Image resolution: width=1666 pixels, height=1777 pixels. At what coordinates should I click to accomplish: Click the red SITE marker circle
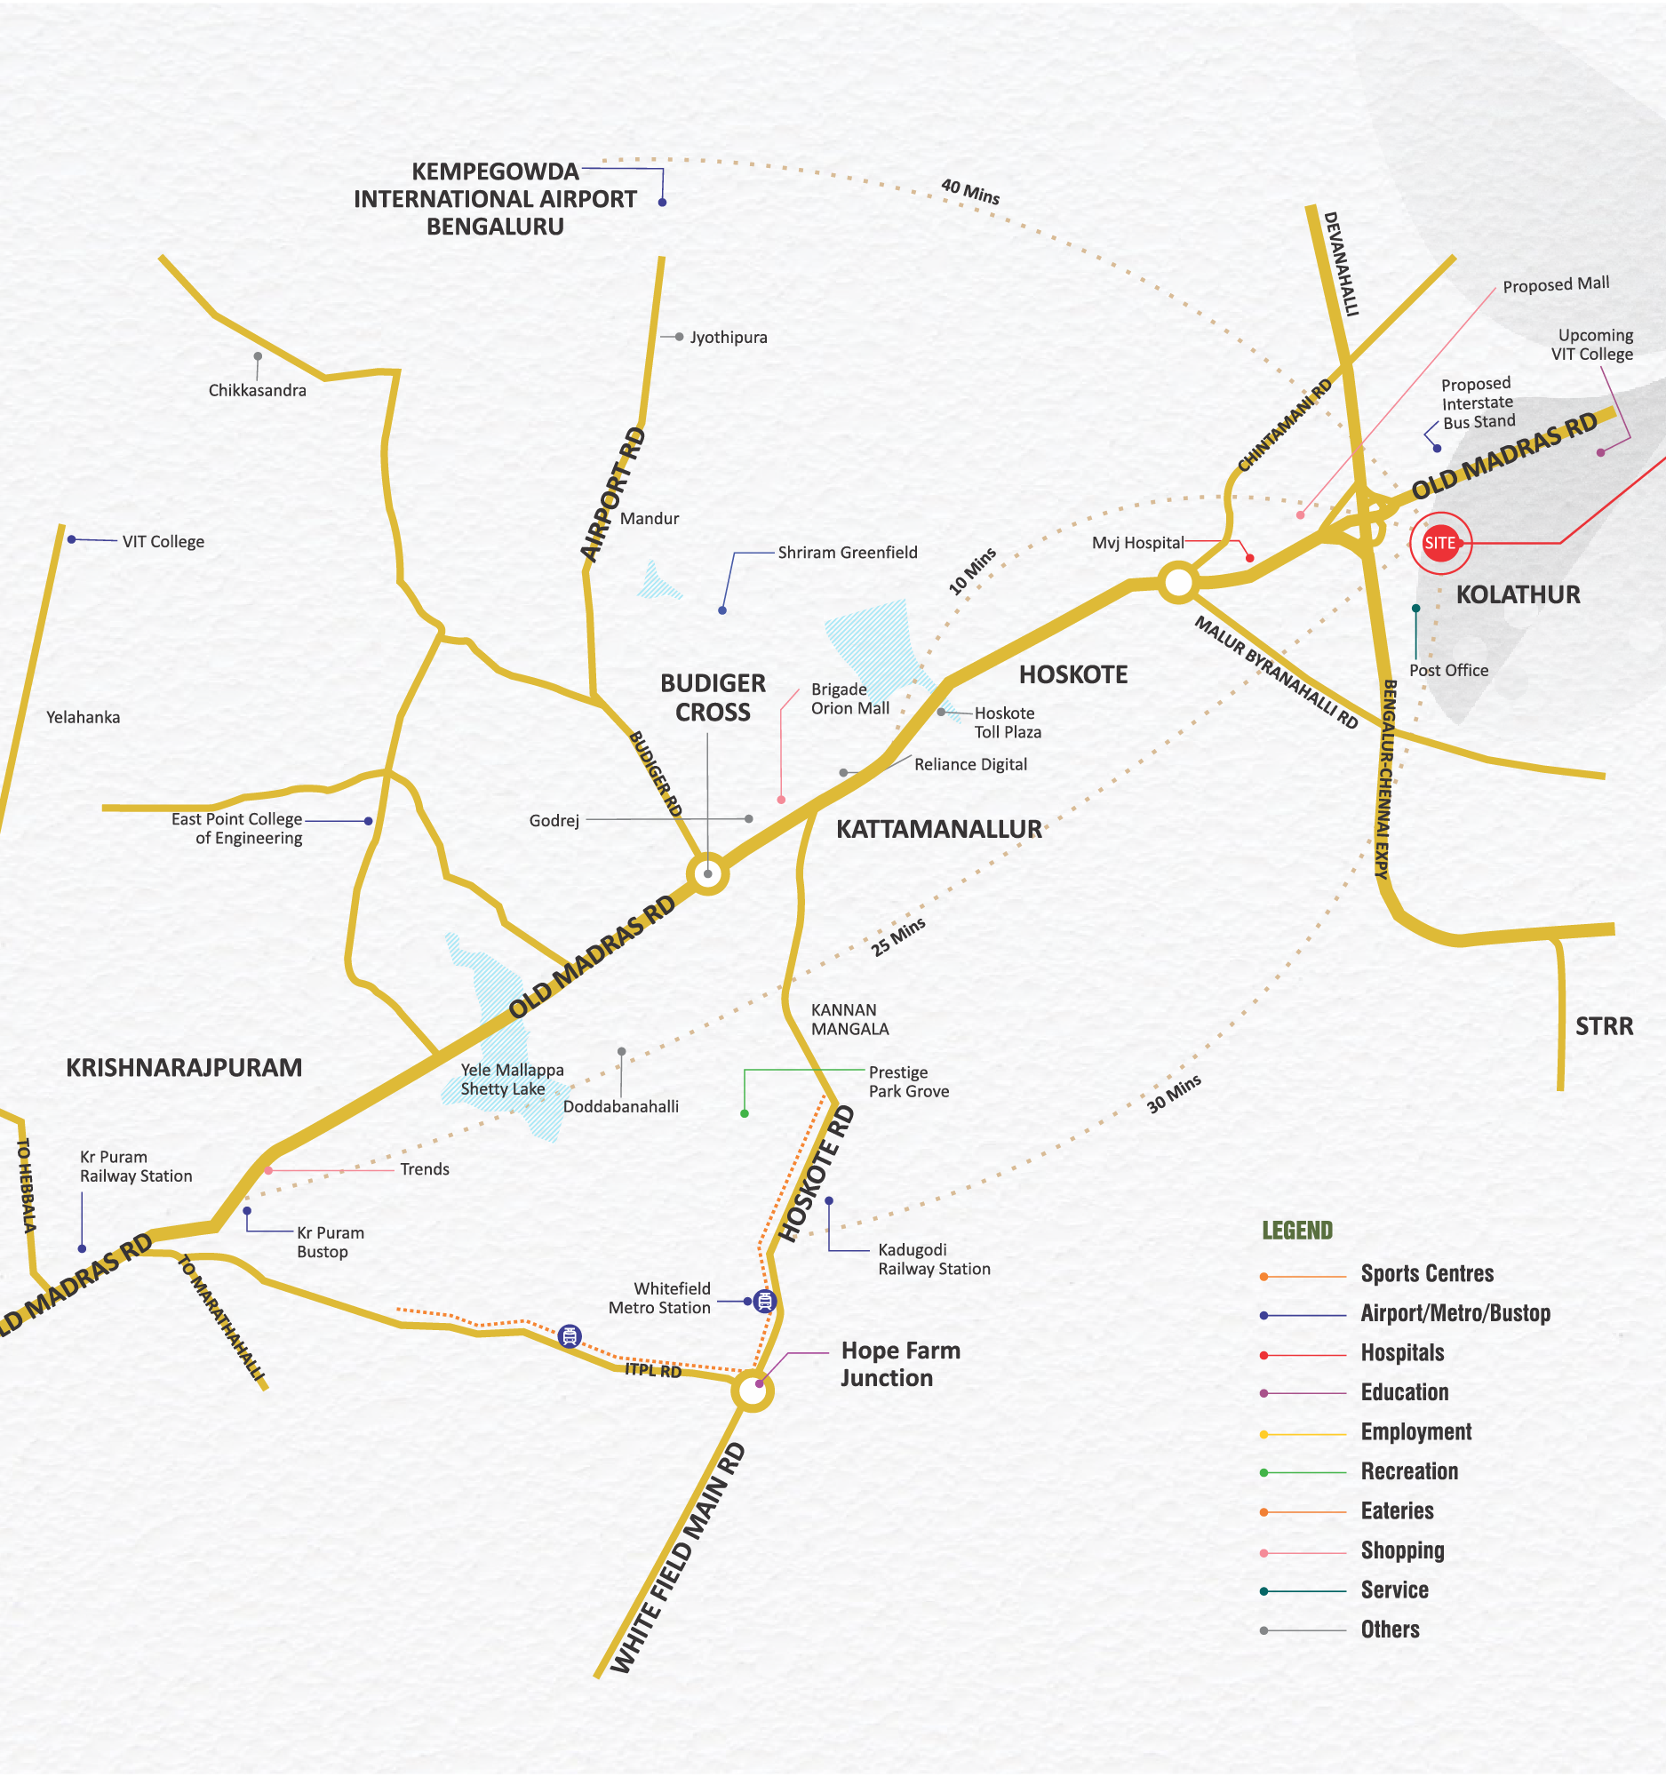click(1440, 543)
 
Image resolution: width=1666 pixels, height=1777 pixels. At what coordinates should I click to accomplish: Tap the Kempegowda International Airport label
click(495, 198)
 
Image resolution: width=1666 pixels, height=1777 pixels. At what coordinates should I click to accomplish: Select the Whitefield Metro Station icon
click(763, 1301)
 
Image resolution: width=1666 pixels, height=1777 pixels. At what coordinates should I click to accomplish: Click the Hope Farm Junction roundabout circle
click(752, 1391)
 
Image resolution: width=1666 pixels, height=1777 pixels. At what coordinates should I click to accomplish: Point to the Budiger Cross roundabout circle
click(707, 873)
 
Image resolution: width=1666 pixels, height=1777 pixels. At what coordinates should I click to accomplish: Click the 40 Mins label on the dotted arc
click(969, 191)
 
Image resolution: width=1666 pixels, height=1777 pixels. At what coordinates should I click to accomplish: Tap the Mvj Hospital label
click(1137, 543)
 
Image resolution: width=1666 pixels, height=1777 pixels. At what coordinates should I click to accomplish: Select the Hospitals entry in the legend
click(1401, 1352)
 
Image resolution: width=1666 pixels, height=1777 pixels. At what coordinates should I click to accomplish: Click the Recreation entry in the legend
click(1408, 1471)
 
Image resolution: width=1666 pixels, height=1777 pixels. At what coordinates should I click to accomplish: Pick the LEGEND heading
click(1296, 1231)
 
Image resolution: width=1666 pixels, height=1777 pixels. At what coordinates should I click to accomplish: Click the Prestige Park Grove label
click(908, 1081)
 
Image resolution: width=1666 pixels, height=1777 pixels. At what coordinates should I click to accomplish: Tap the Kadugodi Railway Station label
click(933, 1258)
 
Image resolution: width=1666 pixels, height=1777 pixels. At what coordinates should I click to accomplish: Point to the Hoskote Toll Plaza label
click(1008, 722)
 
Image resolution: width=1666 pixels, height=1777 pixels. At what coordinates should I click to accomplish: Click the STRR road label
click(1604, 1026)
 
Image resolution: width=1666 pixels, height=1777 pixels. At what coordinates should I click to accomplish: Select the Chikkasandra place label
click(258, 391)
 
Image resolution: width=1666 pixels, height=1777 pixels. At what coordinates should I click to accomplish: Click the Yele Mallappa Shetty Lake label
click(511, 1079)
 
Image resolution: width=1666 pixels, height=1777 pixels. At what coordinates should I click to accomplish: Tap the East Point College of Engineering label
click(238, 829)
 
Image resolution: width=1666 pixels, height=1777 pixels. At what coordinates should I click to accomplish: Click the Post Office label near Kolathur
click(1448, 671)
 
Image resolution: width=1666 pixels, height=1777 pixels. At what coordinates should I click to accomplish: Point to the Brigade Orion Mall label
click(849, 699)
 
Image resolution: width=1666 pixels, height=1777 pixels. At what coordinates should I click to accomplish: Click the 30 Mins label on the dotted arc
click(1174, 1094)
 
